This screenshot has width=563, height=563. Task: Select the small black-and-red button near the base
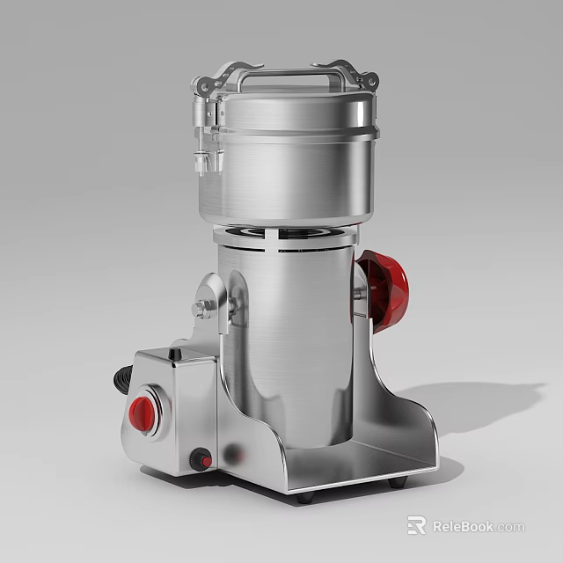tap(201, 460)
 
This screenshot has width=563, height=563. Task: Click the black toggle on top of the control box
tap(175, 354)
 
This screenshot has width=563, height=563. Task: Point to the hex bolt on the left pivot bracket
tap(201, 308)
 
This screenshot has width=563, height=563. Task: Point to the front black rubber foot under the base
tap(305, 497)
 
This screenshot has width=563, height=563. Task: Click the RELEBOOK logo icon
tap(416, 526)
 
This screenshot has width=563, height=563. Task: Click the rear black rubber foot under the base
tap(398, 482)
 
